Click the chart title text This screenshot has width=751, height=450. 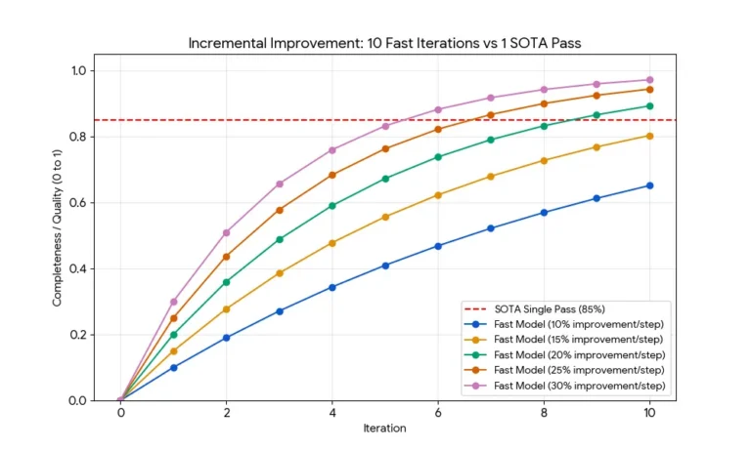pyautogui.click(x=384, y=44)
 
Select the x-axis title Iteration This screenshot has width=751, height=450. pyautogui.click(x=384, y=428)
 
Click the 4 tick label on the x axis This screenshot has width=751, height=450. pyautogui.click(x=332, y=413)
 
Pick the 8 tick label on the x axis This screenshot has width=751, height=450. pyautogui.click(x=544, y=413)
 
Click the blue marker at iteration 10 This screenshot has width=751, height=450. pyautogui.click(x=649, y=185)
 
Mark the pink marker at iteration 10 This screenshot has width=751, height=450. pyautogui.click(x=649, y=80)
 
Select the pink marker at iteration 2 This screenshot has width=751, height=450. pyautogui.click(x=227, y=232)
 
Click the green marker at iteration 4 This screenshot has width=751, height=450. pyautogui.click(x=332, y=206)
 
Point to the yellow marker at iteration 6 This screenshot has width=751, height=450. pyautogui.click(x=438, y=195)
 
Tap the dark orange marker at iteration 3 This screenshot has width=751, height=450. pyautogui.click(x=280, y=210)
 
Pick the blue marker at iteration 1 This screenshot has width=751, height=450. pyautogui.click(x=174, y=368)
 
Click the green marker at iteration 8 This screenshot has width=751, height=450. pyautogui.click(x=544, y=126)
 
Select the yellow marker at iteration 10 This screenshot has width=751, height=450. pyautogui.click(x=649, y=136)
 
